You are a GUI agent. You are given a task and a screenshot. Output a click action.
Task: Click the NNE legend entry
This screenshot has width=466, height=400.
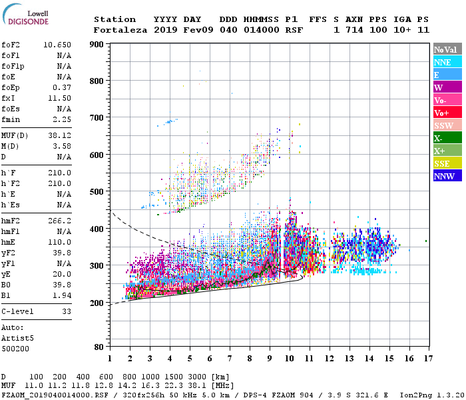(x=447, y=62)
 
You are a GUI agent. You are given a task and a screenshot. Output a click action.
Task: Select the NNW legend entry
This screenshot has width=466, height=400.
(x=447, y=176)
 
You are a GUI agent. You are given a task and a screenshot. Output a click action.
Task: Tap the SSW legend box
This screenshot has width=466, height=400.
(x=447, y=125)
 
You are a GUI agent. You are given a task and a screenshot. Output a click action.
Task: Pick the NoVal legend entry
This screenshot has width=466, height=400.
(x=447, y=49)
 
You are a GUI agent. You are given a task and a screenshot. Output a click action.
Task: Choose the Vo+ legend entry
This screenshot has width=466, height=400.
(x=447, y=113)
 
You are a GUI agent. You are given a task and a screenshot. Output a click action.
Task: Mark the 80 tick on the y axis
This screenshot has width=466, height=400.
(x=98, y=347)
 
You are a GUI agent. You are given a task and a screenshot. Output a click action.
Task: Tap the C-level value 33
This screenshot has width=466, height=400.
(x=67, y=311)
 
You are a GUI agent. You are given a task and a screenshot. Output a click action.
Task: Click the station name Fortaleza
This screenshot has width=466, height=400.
(x=120, y=30)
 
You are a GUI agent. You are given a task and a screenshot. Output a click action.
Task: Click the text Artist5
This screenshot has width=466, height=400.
(x=18, y=338)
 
